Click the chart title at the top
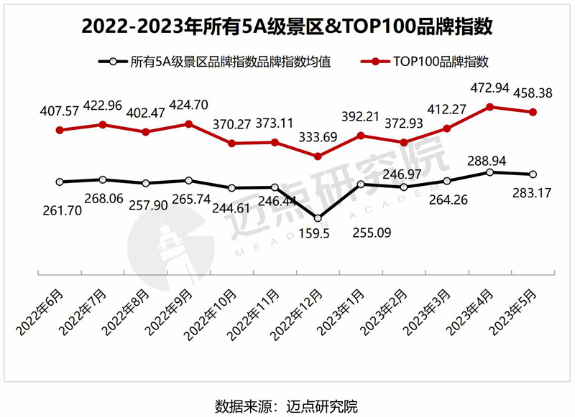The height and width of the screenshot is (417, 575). pyautogui.click(x=287, y=27)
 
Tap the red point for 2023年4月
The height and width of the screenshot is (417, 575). pyautogui.click(x=489, y=107)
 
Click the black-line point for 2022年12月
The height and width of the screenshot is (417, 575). pyautogui.click(x=318, y=217)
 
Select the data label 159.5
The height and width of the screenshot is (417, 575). pyautogui.click(x=317, y=233)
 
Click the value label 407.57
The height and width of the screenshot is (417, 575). pyautogui.click(x=60, y=113)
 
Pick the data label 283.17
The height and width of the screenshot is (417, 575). pyautogui.click(x=532, y=192)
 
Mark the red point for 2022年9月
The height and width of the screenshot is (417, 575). pyautogui.click(x=188, y=124)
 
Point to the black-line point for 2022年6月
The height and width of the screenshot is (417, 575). pyautogui.click(x=60, y=182)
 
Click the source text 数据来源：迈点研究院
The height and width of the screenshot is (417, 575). pyautogui.click(x=287, y=404)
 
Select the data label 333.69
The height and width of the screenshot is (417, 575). pyautogui.click(x=318, y=138)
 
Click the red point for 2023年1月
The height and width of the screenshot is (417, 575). pyautogui.click(x=361, y=136)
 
